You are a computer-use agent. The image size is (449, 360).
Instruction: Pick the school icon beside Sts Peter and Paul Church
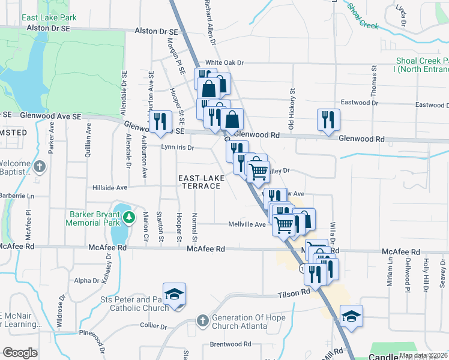(174, 295)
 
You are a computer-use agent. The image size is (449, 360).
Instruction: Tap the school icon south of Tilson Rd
(351, 316)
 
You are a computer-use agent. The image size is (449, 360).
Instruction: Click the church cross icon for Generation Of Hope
(202, 321)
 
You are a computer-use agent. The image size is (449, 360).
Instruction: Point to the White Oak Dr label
(225, 62)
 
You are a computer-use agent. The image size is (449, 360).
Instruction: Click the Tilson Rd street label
(294, 294)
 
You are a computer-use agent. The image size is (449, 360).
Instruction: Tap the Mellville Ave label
(247, 224)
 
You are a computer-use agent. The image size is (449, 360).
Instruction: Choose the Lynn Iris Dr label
(178, 147)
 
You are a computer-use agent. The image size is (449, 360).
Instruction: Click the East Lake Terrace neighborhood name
(201, 182)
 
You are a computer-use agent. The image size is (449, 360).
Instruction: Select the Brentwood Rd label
(231, 344)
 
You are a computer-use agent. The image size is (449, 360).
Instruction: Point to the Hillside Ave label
(110, 187)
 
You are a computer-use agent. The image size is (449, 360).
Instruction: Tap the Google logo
(20, 353)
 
